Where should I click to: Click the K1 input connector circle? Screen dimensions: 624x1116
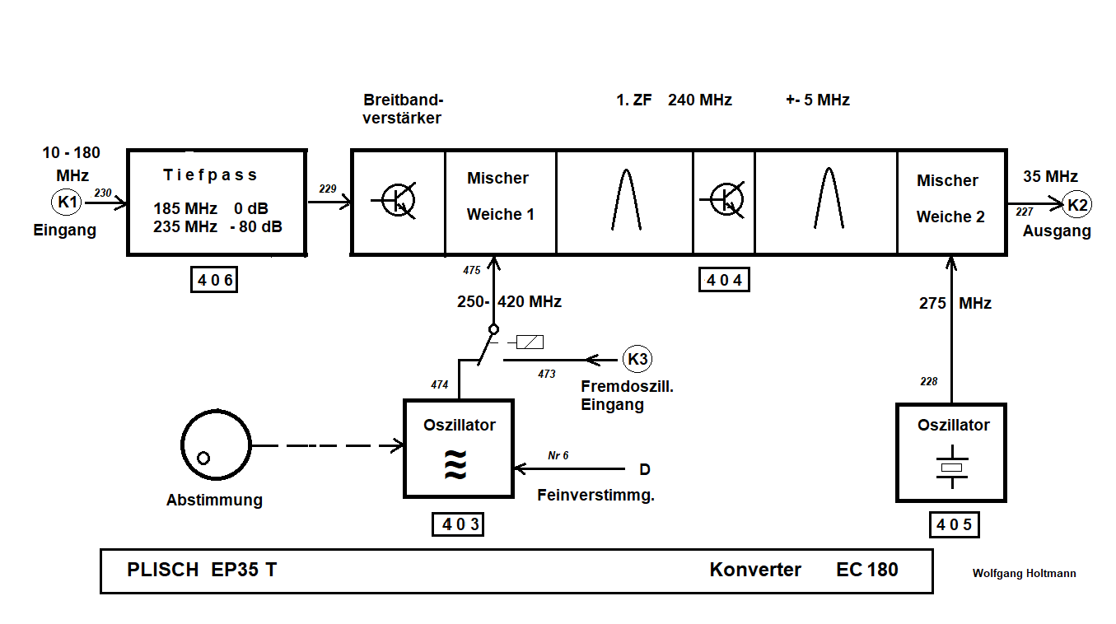pyautogui.click(x=66, y=202)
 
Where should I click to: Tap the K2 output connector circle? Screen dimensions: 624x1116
pyautogui.click(x=1076, y=204)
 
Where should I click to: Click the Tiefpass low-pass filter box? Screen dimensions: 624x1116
pyautogui.click(x=216, y=203)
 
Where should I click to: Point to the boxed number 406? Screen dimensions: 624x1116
pyautogui.click(x=216, y=281)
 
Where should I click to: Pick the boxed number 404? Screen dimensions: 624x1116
pyautogui.click(x=724, y=281)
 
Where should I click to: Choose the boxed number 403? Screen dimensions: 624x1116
pyautogui.click(x=457, y=524)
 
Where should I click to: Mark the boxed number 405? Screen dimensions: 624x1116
pyautogui.click(x=955, y=524)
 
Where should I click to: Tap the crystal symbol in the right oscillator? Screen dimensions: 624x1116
pyautogui.click(x=952, y=467)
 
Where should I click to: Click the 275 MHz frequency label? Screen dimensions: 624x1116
pyautogui.click(x=955, y=303)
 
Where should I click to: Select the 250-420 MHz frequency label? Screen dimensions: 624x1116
pyautogui.click(x=509, y=302)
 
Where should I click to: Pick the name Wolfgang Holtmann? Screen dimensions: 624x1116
pyautogui.click(x=1024, y=574)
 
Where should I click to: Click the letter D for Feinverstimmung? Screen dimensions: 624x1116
pyautogui.click(x=645, y=469)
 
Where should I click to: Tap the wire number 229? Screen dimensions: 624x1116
pyautogui.click(x=328, y=189)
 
